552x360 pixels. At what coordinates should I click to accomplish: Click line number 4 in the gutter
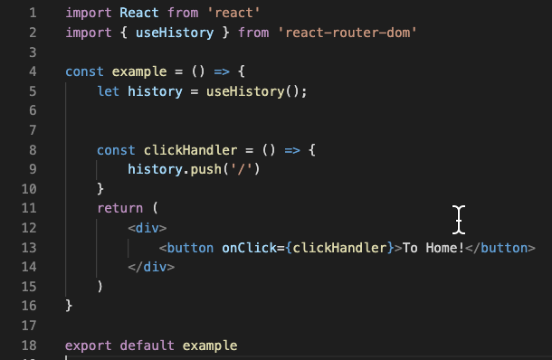[x=33, y=71]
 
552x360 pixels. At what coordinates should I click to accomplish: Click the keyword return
[x=119, y=208]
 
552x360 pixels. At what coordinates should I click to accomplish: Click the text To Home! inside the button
[x=433, y=247]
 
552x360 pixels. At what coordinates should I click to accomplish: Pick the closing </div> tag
[x=150, y=266]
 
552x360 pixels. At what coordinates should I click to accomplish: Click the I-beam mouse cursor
[x=460, y=218]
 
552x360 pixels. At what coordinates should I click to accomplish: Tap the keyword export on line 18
[x=89, y=345]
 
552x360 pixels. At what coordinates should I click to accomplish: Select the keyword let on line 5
[x=108, y=91]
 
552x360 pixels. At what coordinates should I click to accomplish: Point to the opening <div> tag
[x=147, y=228]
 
